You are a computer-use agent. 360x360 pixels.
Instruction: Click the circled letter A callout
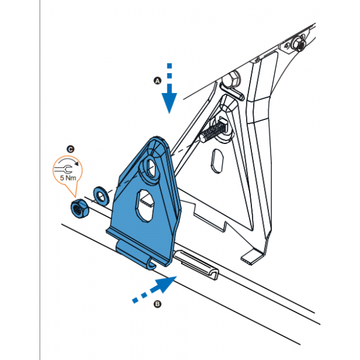pyautogui.click(x=157, y=81)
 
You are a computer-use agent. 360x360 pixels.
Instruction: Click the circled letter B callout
pyautogui.click(x=157, y=304)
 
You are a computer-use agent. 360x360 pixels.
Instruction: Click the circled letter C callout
pyautogui.click(x=70, y=149)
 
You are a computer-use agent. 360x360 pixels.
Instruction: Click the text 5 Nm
pyautogui.click(x=68, y=178)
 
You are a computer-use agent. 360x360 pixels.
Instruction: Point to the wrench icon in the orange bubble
pyautogui.click(x=64, y=169)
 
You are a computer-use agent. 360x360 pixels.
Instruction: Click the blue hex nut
pyautogui.click(x=79, y=208)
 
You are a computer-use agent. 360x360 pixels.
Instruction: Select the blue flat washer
pyautogui.click(x=101, y=196)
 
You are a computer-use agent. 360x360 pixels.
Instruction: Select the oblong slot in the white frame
pyautogui.click(x=217, y=161)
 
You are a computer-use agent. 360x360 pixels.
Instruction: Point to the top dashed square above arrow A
pyautogui.click(x=169, y=65)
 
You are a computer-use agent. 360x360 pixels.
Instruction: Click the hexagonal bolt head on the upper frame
pyautogui.click(x=231, y=79)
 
